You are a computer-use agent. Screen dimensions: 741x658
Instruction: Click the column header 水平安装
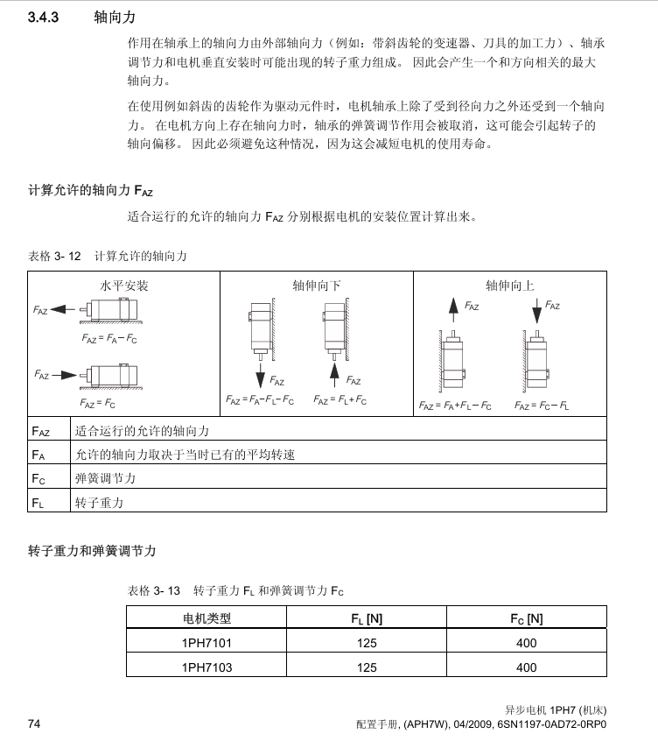123,286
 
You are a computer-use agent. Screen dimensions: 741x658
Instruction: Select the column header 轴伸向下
317,286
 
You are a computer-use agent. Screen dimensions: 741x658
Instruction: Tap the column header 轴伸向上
510,286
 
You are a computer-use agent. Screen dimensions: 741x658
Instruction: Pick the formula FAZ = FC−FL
542,406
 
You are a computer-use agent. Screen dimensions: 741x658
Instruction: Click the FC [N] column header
527,618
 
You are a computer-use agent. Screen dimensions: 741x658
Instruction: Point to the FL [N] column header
367,618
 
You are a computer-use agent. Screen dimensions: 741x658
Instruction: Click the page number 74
35,723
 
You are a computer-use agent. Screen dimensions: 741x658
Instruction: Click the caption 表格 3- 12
55,256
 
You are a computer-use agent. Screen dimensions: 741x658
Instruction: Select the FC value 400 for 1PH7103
527,667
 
